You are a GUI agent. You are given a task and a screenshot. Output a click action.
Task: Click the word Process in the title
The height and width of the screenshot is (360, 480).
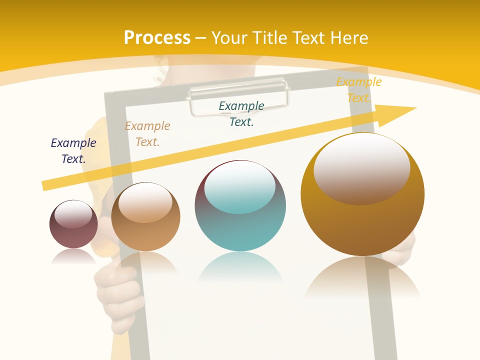157,38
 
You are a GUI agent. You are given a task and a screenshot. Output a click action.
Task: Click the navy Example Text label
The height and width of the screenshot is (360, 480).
73,150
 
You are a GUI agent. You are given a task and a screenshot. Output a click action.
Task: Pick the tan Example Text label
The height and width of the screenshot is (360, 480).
147,133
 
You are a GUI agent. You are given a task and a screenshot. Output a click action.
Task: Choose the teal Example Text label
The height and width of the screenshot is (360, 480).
241,113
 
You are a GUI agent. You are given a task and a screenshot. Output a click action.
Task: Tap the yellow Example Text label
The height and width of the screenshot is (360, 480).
358,89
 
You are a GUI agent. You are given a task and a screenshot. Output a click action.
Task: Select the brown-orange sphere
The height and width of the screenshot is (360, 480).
145,230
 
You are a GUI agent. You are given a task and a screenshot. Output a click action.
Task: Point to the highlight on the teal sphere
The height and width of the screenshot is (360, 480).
239,186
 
